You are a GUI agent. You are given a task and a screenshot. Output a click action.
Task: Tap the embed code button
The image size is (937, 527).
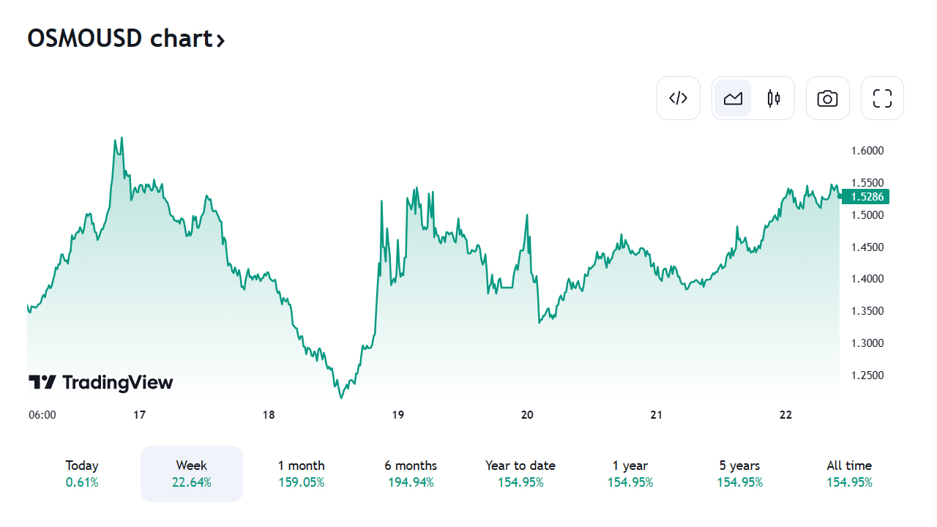pos(679,98)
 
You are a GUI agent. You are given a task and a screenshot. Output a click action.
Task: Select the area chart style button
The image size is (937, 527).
pos(733,98)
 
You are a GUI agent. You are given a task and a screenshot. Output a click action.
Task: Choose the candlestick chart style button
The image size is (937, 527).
pos(774,98)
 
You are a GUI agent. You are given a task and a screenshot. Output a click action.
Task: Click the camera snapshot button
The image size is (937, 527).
pos(827,98)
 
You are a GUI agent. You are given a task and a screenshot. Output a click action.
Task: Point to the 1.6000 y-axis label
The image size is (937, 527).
pos(867,151)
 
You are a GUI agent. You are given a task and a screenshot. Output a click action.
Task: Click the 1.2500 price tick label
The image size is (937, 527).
pos(867,375)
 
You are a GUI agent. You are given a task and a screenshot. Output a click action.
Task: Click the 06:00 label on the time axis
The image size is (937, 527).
pos(42,415)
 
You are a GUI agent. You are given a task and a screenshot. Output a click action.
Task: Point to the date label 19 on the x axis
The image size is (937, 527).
pos(398,415)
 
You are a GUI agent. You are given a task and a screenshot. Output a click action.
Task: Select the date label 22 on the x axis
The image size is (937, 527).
pos(785,415)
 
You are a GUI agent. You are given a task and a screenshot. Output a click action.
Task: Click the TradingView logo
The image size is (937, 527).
pos(101,382)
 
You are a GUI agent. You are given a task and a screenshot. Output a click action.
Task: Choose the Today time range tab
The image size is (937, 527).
pos(82,474)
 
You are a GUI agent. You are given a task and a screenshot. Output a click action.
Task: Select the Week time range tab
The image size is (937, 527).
pos(192,474)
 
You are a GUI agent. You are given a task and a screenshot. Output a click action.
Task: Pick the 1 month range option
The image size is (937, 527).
pos(301,474)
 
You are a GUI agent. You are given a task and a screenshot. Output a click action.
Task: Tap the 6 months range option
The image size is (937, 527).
pos(411,474)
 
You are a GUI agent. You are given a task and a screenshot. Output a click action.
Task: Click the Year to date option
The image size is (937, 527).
pos(520,474)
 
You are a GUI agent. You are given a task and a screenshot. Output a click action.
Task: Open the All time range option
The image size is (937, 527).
pos(849,474)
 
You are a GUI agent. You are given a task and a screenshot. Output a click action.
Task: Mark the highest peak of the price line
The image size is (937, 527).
pos(121,138)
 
